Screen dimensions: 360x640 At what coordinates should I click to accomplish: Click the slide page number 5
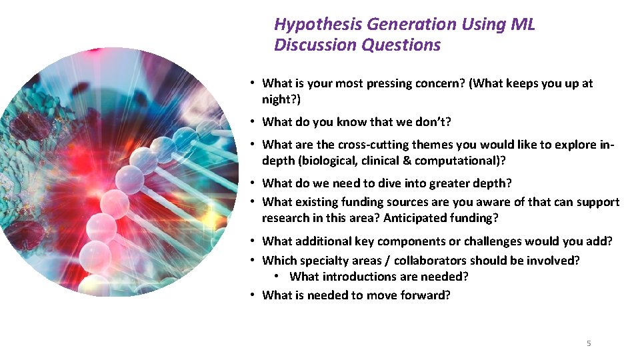point(588,343)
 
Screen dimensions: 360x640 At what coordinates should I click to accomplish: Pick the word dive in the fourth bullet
point(393,183)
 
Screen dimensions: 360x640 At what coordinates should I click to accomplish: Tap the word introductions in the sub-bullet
point(359,277)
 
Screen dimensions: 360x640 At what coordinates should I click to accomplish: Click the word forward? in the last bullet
point(425,295)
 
